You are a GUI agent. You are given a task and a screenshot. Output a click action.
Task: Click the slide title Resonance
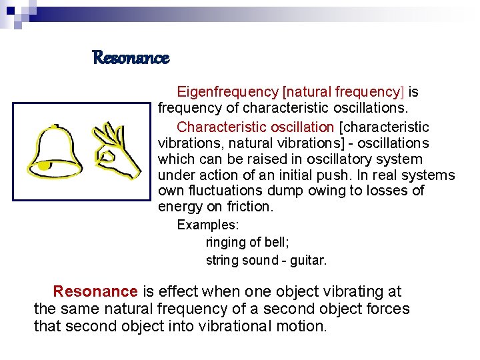(x=131, y=58)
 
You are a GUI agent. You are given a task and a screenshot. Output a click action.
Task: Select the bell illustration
(x=58, y=149)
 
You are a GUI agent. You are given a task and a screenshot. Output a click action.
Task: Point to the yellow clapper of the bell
(x=44, y=165)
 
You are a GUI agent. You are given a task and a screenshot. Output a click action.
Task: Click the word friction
(x=251, y=207)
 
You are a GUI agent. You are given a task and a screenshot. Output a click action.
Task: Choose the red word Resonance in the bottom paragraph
(x=95, y=291)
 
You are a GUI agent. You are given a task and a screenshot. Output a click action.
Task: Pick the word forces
(x=387, y=309)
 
